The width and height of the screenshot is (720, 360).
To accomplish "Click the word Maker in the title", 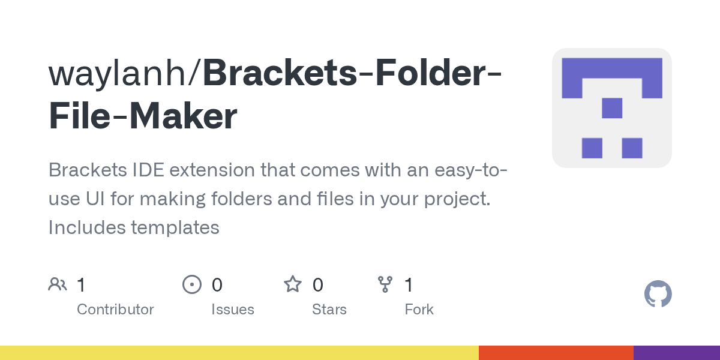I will (x=183, y=117).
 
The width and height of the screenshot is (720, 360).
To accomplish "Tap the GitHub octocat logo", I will (x=658, y=294).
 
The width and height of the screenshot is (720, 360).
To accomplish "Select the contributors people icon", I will (x=58, y=284).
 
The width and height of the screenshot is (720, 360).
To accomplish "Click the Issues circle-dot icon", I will (x=191, y=284).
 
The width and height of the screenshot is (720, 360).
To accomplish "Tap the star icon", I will (x=292, y=284).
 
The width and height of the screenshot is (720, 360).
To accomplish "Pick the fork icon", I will (x=385, y=284).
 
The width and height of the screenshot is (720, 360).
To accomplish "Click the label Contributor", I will (x=115, y=310).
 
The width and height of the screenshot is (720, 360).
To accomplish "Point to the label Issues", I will (x=232, y=310).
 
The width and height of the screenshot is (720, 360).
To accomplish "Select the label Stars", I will (x=329, y=310).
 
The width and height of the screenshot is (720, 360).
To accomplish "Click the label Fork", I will (x=419, y=310).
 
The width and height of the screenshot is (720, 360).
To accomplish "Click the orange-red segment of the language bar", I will (x=556, y=353).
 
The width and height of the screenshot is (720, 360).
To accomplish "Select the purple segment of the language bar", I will (x=676, y=353).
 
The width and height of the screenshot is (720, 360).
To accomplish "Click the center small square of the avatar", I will (x=611, y=108).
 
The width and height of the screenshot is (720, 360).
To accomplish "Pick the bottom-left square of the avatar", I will (x=592, y=148).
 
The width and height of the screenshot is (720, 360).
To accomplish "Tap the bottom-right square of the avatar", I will (x=632, y=148).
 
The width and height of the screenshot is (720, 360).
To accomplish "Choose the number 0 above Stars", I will (x=317, y=284).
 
